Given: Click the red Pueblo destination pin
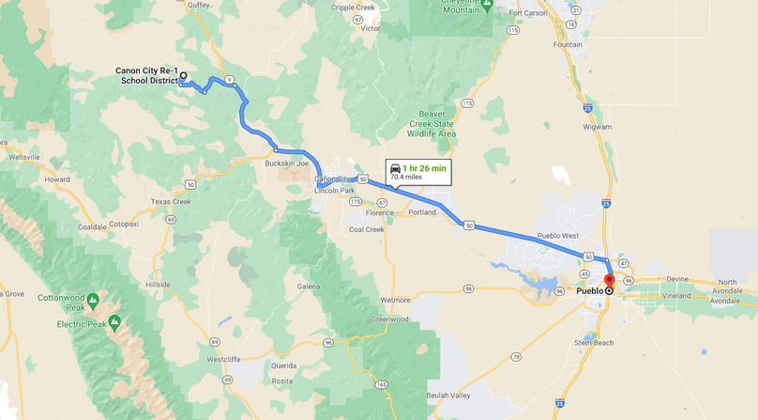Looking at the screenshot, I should click(x=609, y=282).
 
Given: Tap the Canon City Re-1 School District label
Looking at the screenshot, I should click(x=146, y=75).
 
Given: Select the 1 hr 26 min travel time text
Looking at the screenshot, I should click(x=425, y=167).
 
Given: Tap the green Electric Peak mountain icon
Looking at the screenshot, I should click(x=114, y=322).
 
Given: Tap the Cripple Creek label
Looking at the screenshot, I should click(x=353, y=8).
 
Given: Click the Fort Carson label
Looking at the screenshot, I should click(x=528, y=13).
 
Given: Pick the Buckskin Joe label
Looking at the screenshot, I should click(x=287, y=163).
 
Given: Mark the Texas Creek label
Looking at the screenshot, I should click(x=171, y=201).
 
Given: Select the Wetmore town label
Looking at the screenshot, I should click(x=395, y=300).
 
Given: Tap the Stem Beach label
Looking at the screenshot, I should click(x=594, y=343).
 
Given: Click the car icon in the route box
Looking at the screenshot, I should click(x=395, y=167).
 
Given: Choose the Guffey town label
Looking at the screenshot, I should click(x=198, y=5).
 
